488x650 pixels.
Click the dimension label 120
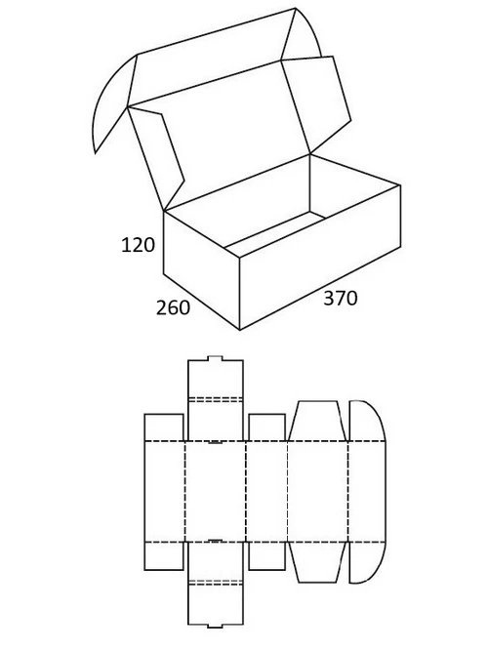[138, 245]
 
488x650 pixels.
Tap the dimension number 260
[173, 307]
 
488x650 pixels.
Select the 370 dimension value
[340, 298]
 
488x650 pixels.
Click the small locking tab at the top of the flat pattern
[215, 358]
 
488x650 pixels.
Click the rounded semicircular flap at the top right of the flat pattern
[366, 421]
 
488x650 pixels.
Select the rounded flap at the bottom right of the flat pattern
[366, 562]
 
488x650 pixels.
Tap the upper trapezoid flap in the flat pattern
[317, 421]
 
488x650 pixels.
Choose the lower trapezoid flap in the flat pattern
[317, 562]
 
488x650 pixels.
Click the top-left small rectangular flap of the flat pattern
[164, 427]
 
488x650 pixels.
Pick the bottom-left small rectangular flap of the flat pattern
[164, 556]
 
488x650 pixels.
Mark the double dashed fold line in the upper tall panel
[215, 399]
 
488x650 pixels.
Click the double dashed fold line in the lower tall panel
[215, 583]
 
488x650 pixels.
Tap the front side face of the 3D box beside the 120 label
[201, 269]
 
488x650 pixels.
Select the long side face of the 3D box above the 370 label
[320, 257]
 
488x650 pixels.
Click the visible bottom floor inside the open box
[274, 233]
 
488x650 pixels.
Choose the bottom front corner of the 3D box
[240, 330]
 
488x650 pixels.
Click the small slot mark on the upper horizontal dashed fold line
[215, 442]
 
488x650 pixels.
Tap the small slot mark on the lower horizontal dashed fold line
[215, 541]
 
